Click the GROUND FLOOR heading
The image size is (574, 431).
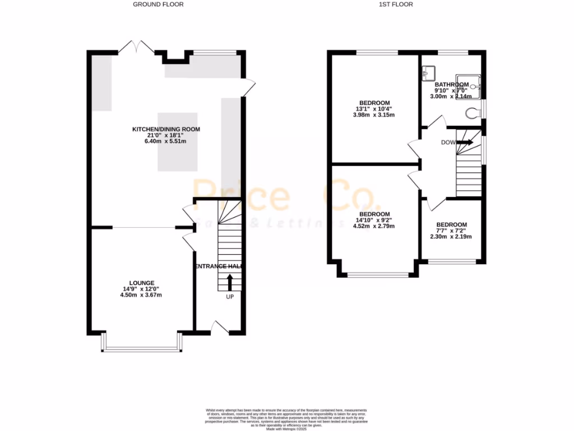[x=158, y=4]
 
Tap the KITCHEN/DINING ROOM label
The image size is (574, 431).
[x=166, y=129]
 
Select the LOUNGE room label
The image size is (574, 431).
[x=141, y=283]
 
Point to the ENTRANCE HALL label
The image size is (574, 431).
[x=219, y=267]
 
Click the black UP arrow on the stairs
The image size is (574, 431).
[x=229, y=281]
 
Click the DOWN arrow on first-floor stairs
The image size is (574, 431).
[x=465, y=143]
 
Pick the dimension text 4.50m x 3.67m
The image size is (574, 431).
[x=141, y=295]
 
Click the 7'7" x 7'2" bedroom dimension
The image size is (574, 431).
[x=451, y=231]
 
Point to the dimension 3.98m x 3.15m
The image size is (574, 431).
[x=374, y=115]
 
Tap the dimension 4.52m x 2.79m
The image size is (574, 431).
[x=374, y=226]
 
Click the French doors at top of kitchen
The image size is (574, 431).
[x=137, y=47]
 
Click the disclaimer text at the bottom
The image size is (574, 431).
[x=286, y=415]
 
